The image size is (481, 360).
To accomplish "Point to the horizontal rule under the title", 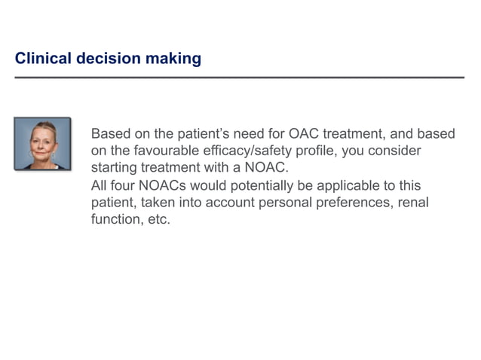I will (240, 78).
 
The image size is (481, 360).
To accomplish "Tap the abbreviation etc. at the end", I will (158, 221).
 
